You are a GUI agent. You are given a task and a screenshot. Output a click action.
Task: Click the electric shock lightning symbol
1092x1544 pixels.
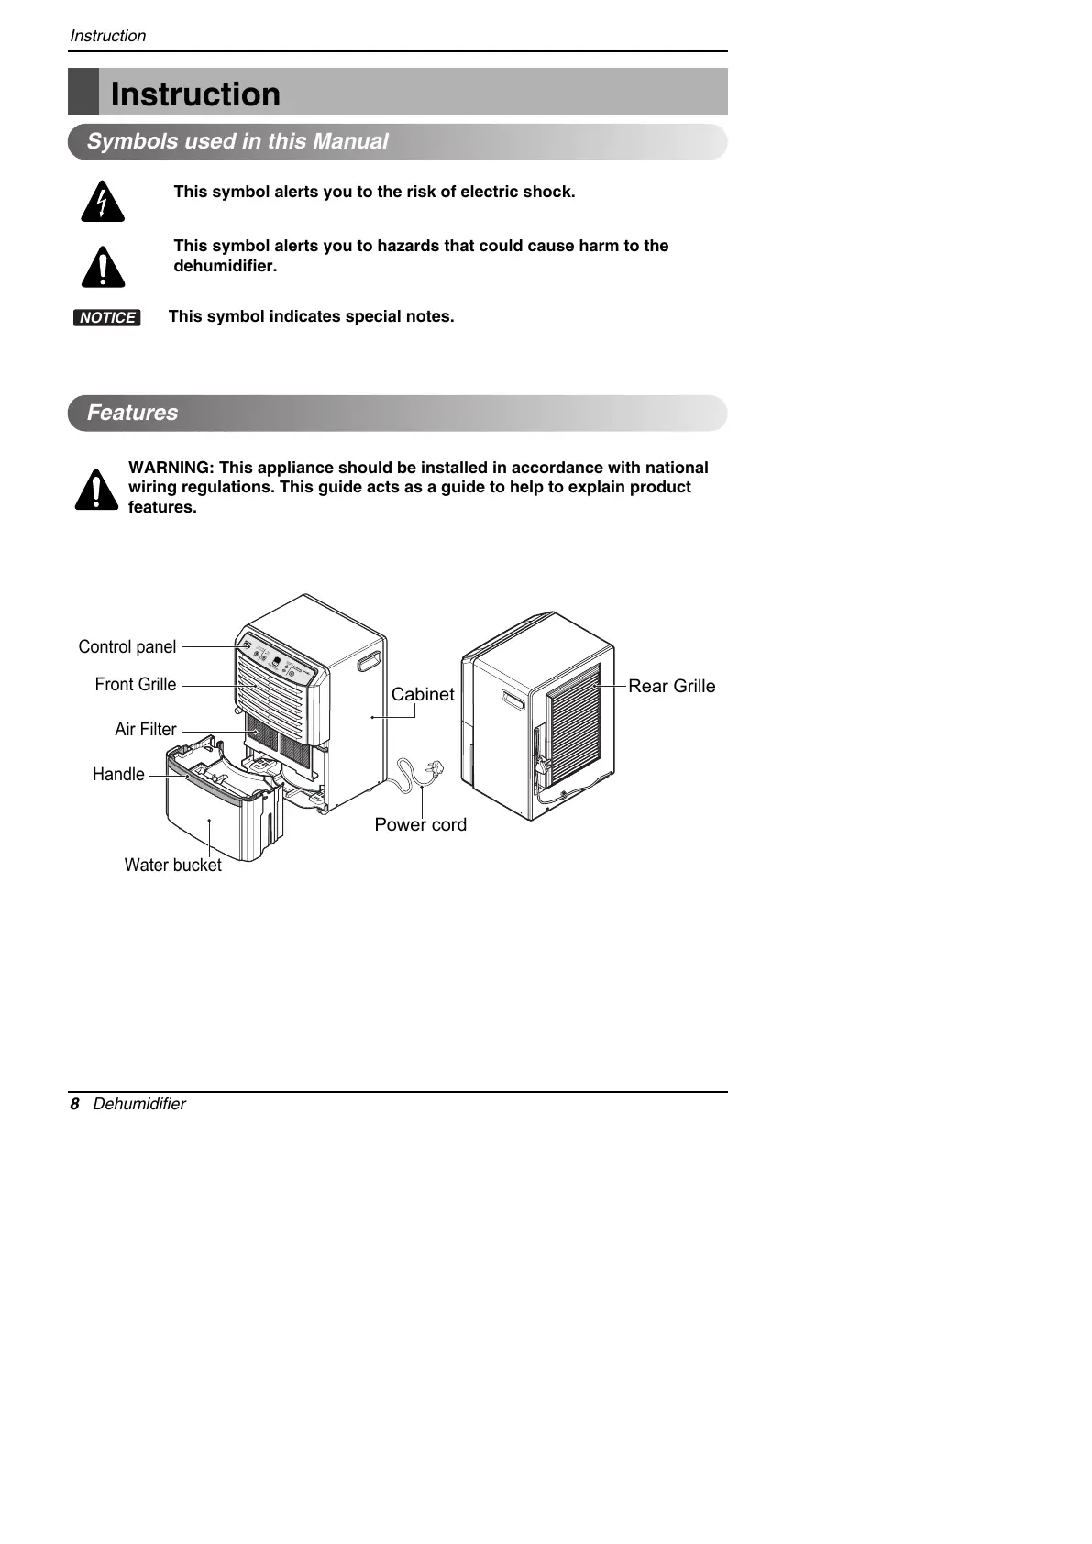(x=102, y=203)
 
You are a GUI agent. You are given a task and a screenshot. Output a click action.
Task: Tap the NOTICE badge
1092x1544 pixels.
(x=107, y=317)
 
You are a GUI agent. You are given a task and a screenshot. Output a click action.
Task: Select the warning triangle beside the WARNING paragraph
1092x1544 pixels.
(x=96, y=490)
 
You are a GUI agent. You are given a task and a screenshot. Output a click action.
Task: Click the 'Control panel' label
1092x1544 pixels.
(x=127, y=646)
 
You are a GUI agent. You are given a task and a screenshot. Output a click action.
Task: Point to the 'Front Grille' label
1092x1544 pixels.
(x=136, y=685)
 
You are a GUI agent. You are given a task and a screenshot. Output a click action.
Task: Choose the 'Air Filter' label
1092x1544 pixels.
(x=146, y=729)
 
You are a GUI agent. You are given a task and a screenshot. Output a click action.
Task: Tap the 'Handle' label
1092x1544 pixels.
(x=118, y=774)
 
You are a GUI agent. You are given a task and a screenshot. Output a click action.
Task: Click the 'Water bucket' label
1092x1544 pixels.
(x=172, y=865)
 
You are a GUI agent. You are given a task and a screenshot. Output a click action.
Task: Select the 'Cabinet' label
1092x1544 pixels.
(x=423, y=694)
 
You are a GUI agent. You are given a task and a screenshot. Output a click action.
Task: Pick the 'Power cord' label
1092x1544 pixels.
(x=420, y=824)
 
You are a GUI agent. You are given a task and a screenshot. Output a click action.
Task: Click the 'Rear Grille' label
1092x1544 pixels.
(x=671, y=686)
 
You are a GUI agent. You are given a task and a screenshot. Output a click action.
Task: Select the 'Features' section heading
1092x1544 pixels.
(x=132, y=413)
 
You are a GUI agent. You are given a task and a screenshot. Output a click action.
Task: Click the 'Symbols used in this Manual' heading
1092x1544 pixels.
(x=237, y=141)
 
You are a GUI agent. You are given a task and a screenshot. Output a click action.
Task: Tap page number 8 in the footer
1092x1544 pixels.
(x=75, y=1104)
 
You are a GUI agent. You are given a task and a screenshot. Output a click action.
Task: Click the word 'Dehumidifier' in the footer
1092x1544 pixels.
(x=139, y=1104)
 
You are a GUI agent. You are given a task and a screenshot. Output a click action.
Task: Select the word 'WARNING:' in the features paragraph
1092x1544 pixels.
(x=171, y=468)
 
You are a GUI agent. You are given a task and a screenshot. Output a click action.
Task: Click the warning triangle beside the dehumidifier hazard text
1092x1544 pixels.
(x=103, y=267)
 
